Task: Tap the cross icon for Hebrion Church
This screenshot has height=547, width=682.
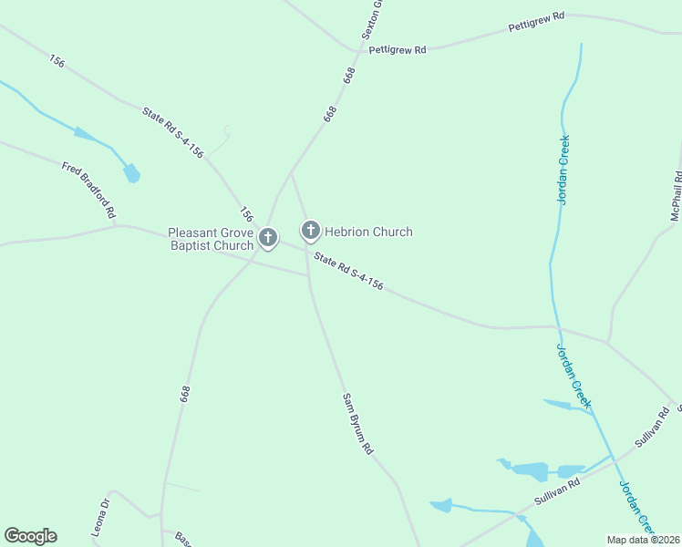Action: pyautogui.click(x=311, y=231)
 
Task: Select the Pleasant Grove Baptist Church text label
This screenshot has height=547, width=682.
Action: pyautogui.click(x=211, y=239)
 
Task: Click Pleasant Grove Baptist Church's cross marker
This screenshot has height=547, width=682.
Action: pyautogui.click(x=268, y=239)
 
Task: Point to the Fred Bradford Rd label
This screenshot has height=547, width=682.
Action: pyautogui.click(x=88, y=190)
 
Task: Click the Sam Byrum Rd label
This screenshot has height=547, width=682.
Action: pyautogui.click(x=357, y=424)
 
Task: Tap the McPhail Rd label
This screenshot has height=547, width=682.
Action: pyautogui.click(x=676, y=195)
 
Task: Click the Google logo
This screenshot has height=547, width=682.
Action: pyautogui.click(x=30, y=536)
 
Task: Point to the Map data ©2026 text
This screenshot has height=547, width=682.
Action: pyautogui.click(x=643, y=540)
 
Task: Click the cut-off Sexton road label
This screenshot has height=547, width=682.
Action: pyautogui.click(x=369, y=18)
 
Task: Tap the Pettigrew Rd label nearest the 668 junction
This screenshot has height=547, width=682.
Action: pyautogui.click(x=398, y=49)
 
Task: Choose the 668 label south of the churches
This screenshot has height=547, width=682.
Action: pyautogui.click(x=185, y=394)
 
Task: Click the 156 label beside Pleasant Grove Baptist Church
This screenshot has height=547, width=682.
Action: pyautogui.click(x=246, y=214)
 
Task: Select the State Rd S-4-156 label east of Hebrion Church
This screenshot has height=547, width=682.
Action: pyautogui.click(x=348, y=272)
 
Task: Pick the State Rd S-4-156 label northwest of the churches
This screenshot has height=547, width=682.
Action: pyautogui.click(x=172, y=132)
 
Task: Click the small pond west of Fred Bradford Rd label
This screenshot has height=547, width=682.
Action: pyautogui.click(x=132, y=172)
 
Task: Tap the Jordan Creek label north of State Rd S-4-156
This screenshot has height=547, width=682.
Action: pyautogui.click(x=563, y=170)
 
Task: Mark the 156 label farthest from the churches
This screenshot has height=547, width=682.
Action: pyautogui.click(x=57, y=61)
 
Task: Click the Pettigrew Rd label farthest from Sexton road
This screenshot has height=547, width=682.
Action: pyautogui.click(x=536, y=23)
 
